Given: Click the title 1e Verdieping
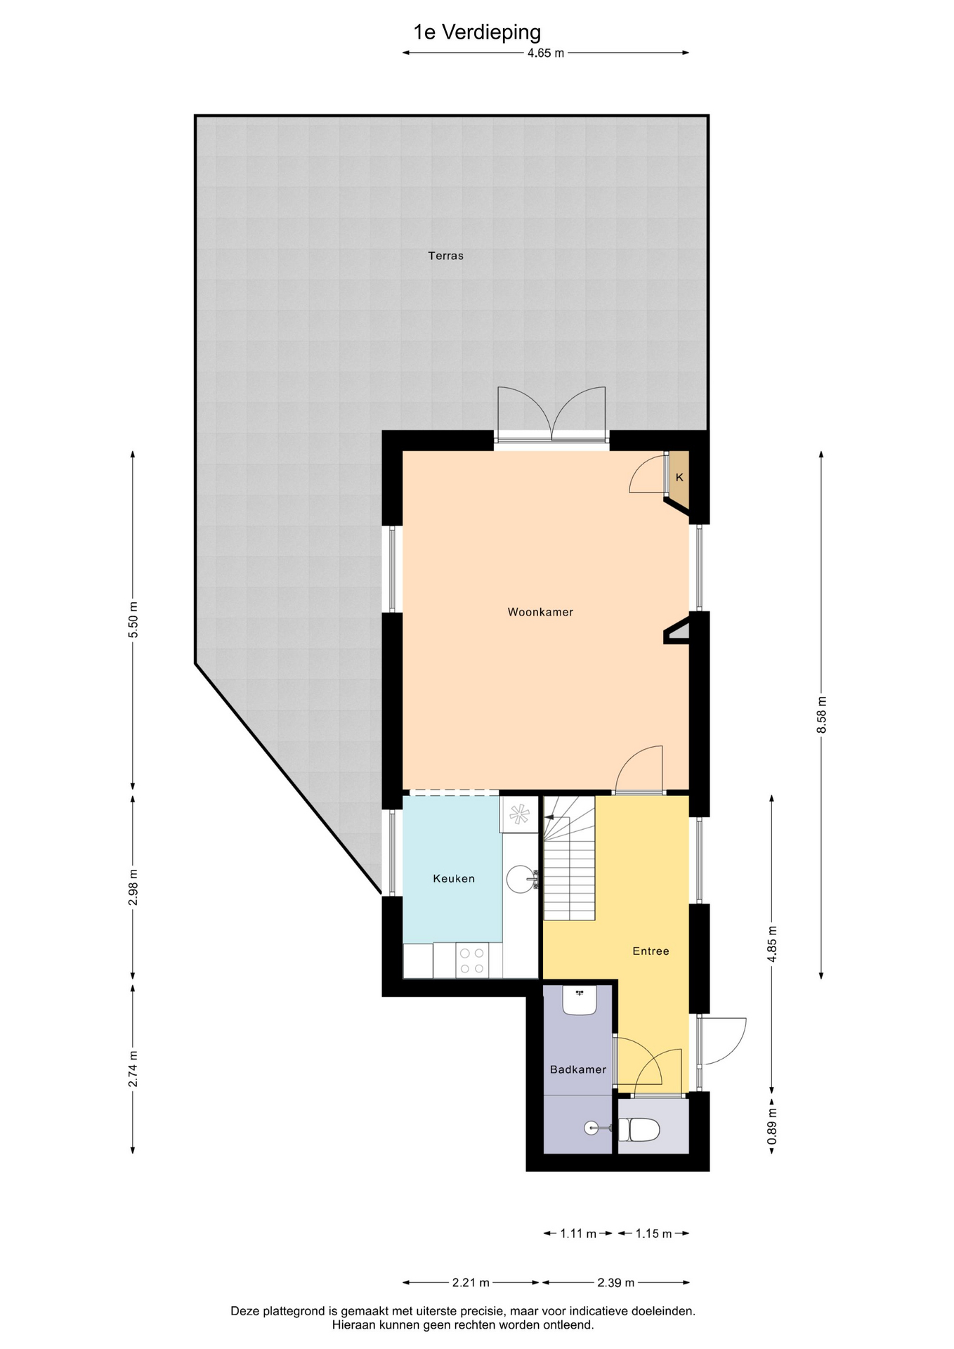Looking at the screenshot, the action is [477, 32].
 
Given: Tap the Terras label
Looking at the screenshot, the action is [446, 256].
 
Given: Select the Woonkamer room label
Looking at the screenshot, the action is [540, 612].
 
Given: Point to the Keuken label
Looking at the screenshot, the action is [454, 878].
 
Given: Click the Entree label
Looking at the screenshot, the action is [651, 951].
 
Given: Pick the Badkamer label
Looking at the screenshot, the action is [578, 1069].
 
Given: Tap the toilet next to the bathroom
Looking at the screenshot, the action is [639, 1130].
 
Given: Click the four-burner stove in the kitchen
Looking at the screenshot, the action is [471, 960].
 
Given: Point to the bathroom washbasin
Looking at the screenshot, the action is [580, 1000].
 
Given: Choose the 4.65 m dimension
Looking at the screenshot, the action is [546, 53].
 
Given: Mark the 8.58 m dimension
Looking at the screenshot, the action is [821, 715].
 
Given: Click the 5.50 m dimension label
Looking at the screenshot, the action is [133, 620].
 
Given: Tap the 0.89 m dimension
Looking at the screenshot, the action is [771, 1127].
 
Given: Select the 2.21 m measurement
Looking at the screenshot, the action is [471, 1282].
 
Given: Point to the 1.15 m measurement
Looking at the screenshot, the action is [653, 1233].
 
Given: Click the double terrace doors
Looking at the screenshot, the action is [551, 415].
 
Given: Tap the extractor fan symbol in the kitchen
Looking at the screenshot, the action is [519, 814].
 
